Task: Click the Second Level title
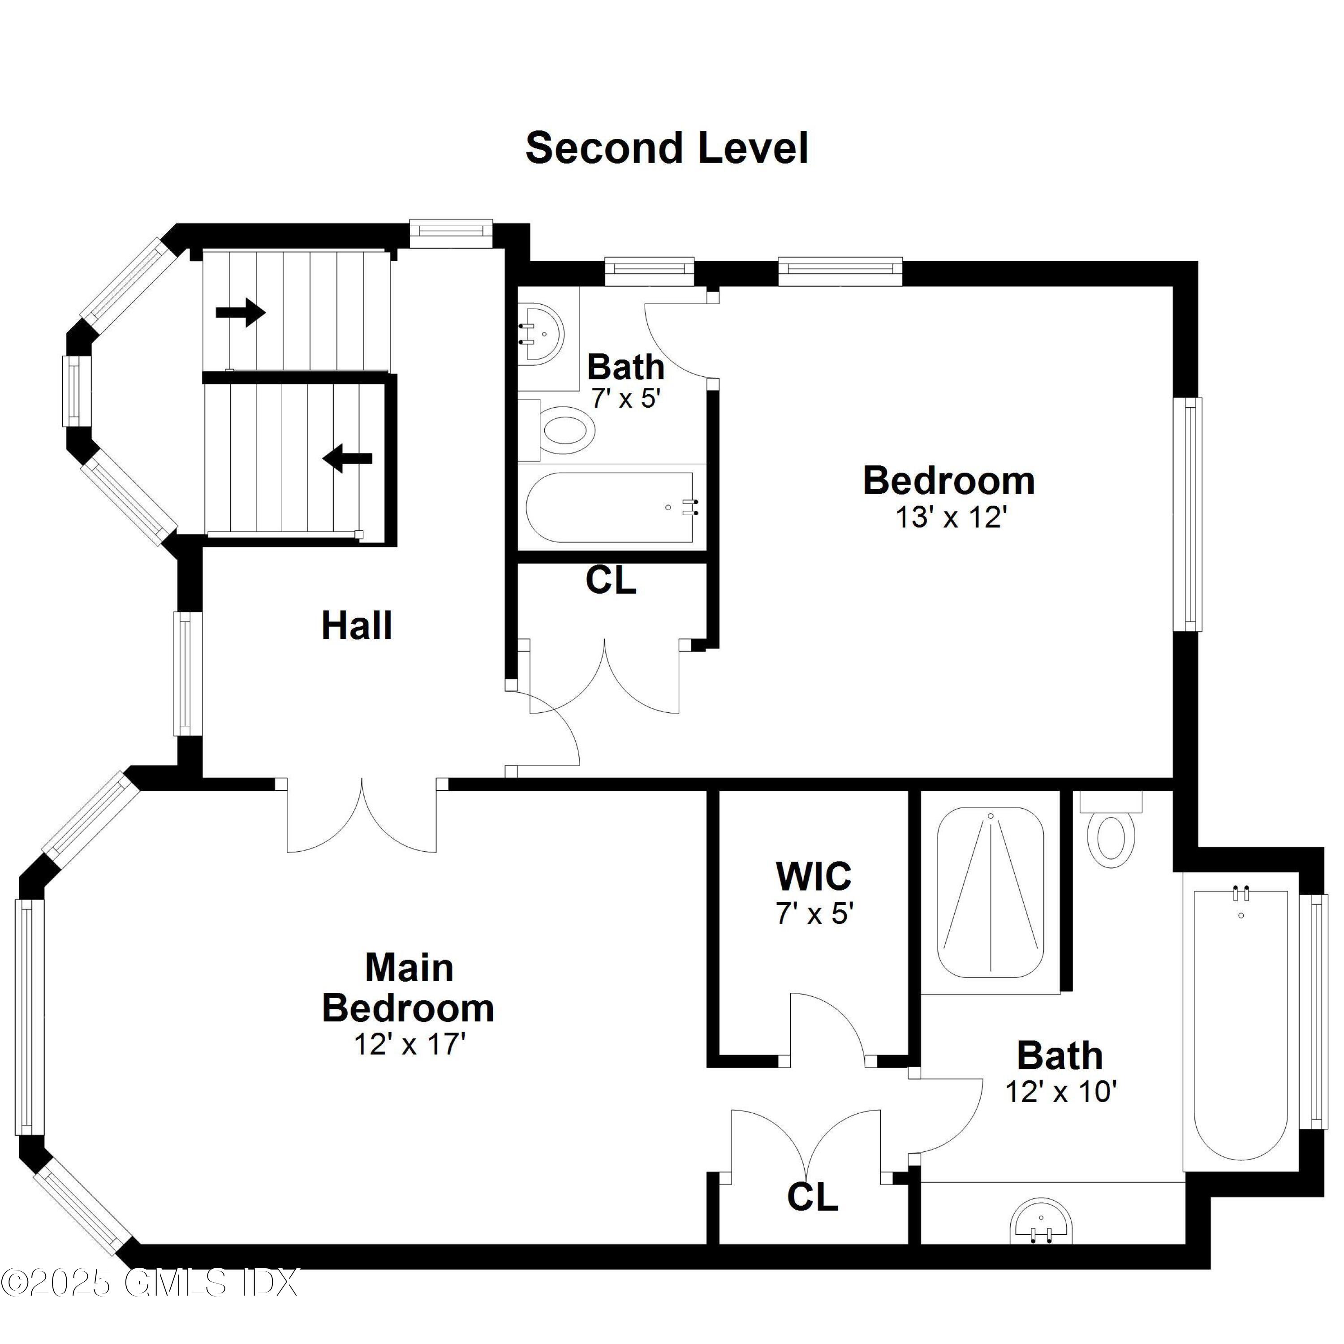(x=667, y=148)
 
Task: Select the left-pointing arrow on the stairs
(x=348, y=458)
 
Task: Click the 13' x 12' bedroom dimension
(x=950, y=517)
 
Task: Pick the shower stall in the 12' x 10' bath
(x=990, y=892)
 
